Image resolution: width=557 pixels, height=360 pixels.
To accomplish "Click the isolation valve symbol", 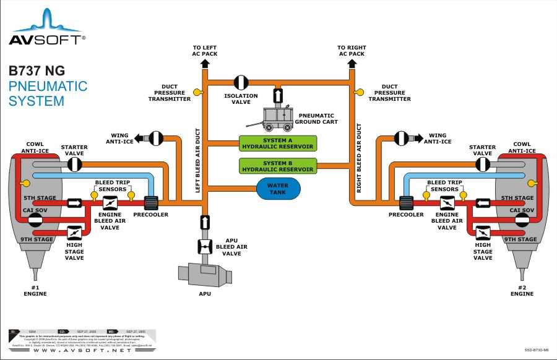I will pyautogui.click(x=241, y=82).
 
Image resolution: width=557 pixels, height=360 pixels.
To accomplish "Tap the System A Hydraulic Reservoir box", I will pyautogui.click(x=277, y=144).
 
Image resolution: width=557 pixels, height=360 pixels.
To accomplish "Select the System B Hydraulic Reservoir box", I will pyautogui.click(x=277, y=166).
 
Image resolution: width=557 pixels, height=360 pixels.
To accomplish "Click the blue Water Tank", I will pyautogui.click(x=278, y=188).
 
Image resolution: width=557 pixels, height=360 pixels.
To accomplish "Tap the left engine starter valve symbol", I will pyautogui.click(x=75, y=164).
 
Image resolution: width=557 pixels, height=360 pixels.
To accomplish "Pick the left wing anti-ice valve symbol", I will pyautogui.click(x=156, y=139).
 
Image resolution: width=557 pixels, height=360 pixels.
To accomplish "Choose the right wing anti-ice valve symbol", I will pyautogui.click(x=401, y=139).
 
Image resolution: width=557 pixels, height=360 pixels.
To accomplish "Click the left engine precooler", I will pyautogui.click(x=152, y=202).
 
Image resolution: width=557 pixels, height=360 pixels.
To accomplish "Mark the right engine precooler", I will pyautogui.click(x=406, y=202).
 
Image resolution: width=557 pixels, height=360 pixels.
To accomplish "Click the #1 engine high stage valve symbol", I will pyautogui.click(x=75, y=233).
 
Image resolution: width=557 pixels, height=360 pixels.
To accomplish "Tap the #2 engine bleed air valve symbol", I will pyautogui.click(x=447, y=202).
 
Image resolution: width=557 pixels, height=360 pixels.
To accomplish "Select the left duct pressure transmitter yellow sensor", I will pyautogui.click(x=197, y=93).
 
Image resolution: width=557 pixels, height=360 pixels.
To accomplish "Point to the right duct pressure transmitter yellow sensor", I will pyautogui.click(x=358, y=93).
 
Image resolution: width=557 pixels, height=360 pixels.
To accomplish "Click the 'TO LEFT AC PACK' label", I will pyautogui.click(x=204, y=50).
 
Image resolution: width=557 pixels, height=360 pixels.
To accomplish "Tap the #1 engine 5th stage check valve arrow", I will pyautogui.click(x=75, y=202).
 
